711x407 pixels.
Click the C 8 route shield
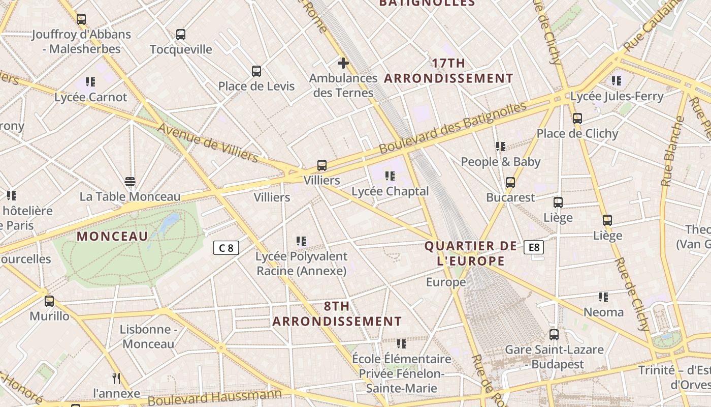[x=226, y=248]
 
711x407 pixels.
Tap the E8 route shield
[x=534, y=247]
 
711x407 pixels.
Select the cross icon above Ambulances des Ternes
[x=343, y=63]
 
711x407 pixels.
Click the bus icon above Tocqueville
[x=181, y=35]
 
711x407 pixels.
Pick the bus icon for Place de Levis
[x=256, y=71]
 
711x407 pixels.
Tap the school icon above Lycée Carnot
[x=90, y=82]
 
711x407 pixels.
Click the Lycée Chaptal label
[x=390, y=191]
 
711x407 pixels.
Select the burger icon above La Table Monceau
[x=130, y=182]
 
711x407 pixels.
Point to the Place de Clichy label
[x=577, y=134]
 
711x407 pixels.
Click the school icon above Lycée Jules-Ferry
[x=617, y=81]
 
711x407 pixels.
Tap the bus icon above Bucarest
[x=510, y=183]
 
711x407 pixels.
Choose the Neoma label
[x=603, y=312]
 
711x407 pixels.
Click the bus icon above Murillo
[x=49, y=301]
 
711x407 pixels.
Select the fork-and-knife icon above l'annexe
[x=116, y=378]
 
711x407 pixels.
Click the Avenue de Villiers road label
[x=209, y=143]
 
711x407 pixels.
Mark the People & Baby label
[x=500, y=162]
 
